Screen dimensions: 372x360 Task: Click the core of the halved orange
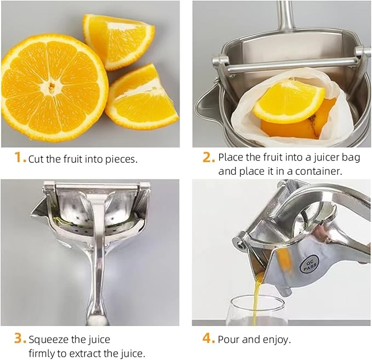click(x=51, y=87)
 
